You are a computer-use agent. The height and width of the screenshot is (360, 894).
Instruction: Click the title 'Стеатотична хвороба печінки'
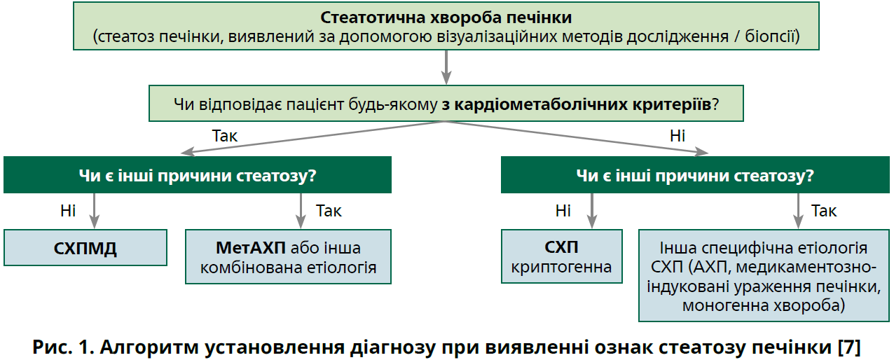(446, 17)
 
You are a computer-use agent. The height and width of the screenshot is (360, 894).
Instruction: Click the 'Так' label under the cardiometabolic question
(224, 135)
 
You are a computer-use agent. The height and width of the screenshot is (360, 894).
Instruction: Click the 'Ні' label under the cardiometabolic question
(677, 135)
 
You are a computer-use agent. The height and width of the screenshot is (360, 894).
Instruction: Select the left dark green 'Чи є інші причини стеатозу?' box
(197, 175)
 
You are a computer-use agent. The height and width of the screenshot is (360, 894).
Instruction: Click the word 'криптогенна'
(562, 267)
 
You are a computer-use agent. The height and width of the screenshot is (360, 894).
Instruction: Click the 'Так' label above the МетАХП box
(329, 210)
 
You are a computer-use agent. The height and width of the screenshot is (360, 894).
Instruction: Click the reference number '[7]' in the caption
(848, 346)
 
